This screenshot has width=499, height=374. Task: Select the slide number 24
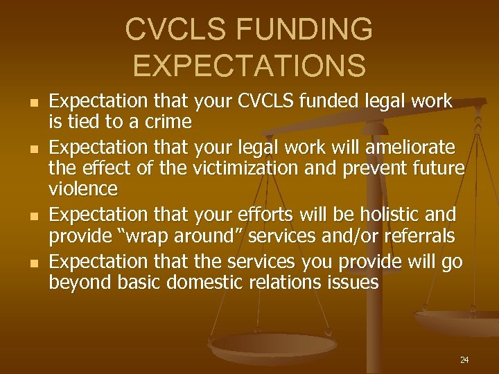pyautogui.click(x=464, y=359)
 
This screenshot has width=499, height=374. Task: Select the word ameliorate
pyautogui.click(x=414, y=148)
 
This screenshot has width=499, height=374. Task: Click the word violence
pyautogui.click(x=83, y=188)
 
